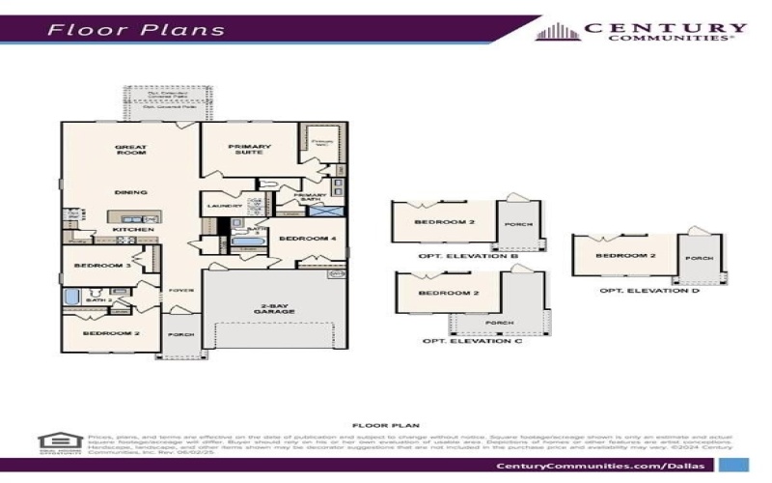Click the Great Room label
tap(130, 151)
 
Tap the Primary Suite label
tap(250, 151)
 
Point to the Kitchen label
tap(127, 229)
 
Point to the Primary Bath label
tap(310, 198)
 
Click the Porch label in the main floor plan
tap(181, 335)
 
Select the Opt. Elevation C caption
tap(459, 341)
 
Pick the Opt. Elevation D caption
tap(636, 290)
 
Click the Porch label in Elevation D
tap(699, 259)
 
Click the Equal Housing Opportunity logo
tap(54, 442)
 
